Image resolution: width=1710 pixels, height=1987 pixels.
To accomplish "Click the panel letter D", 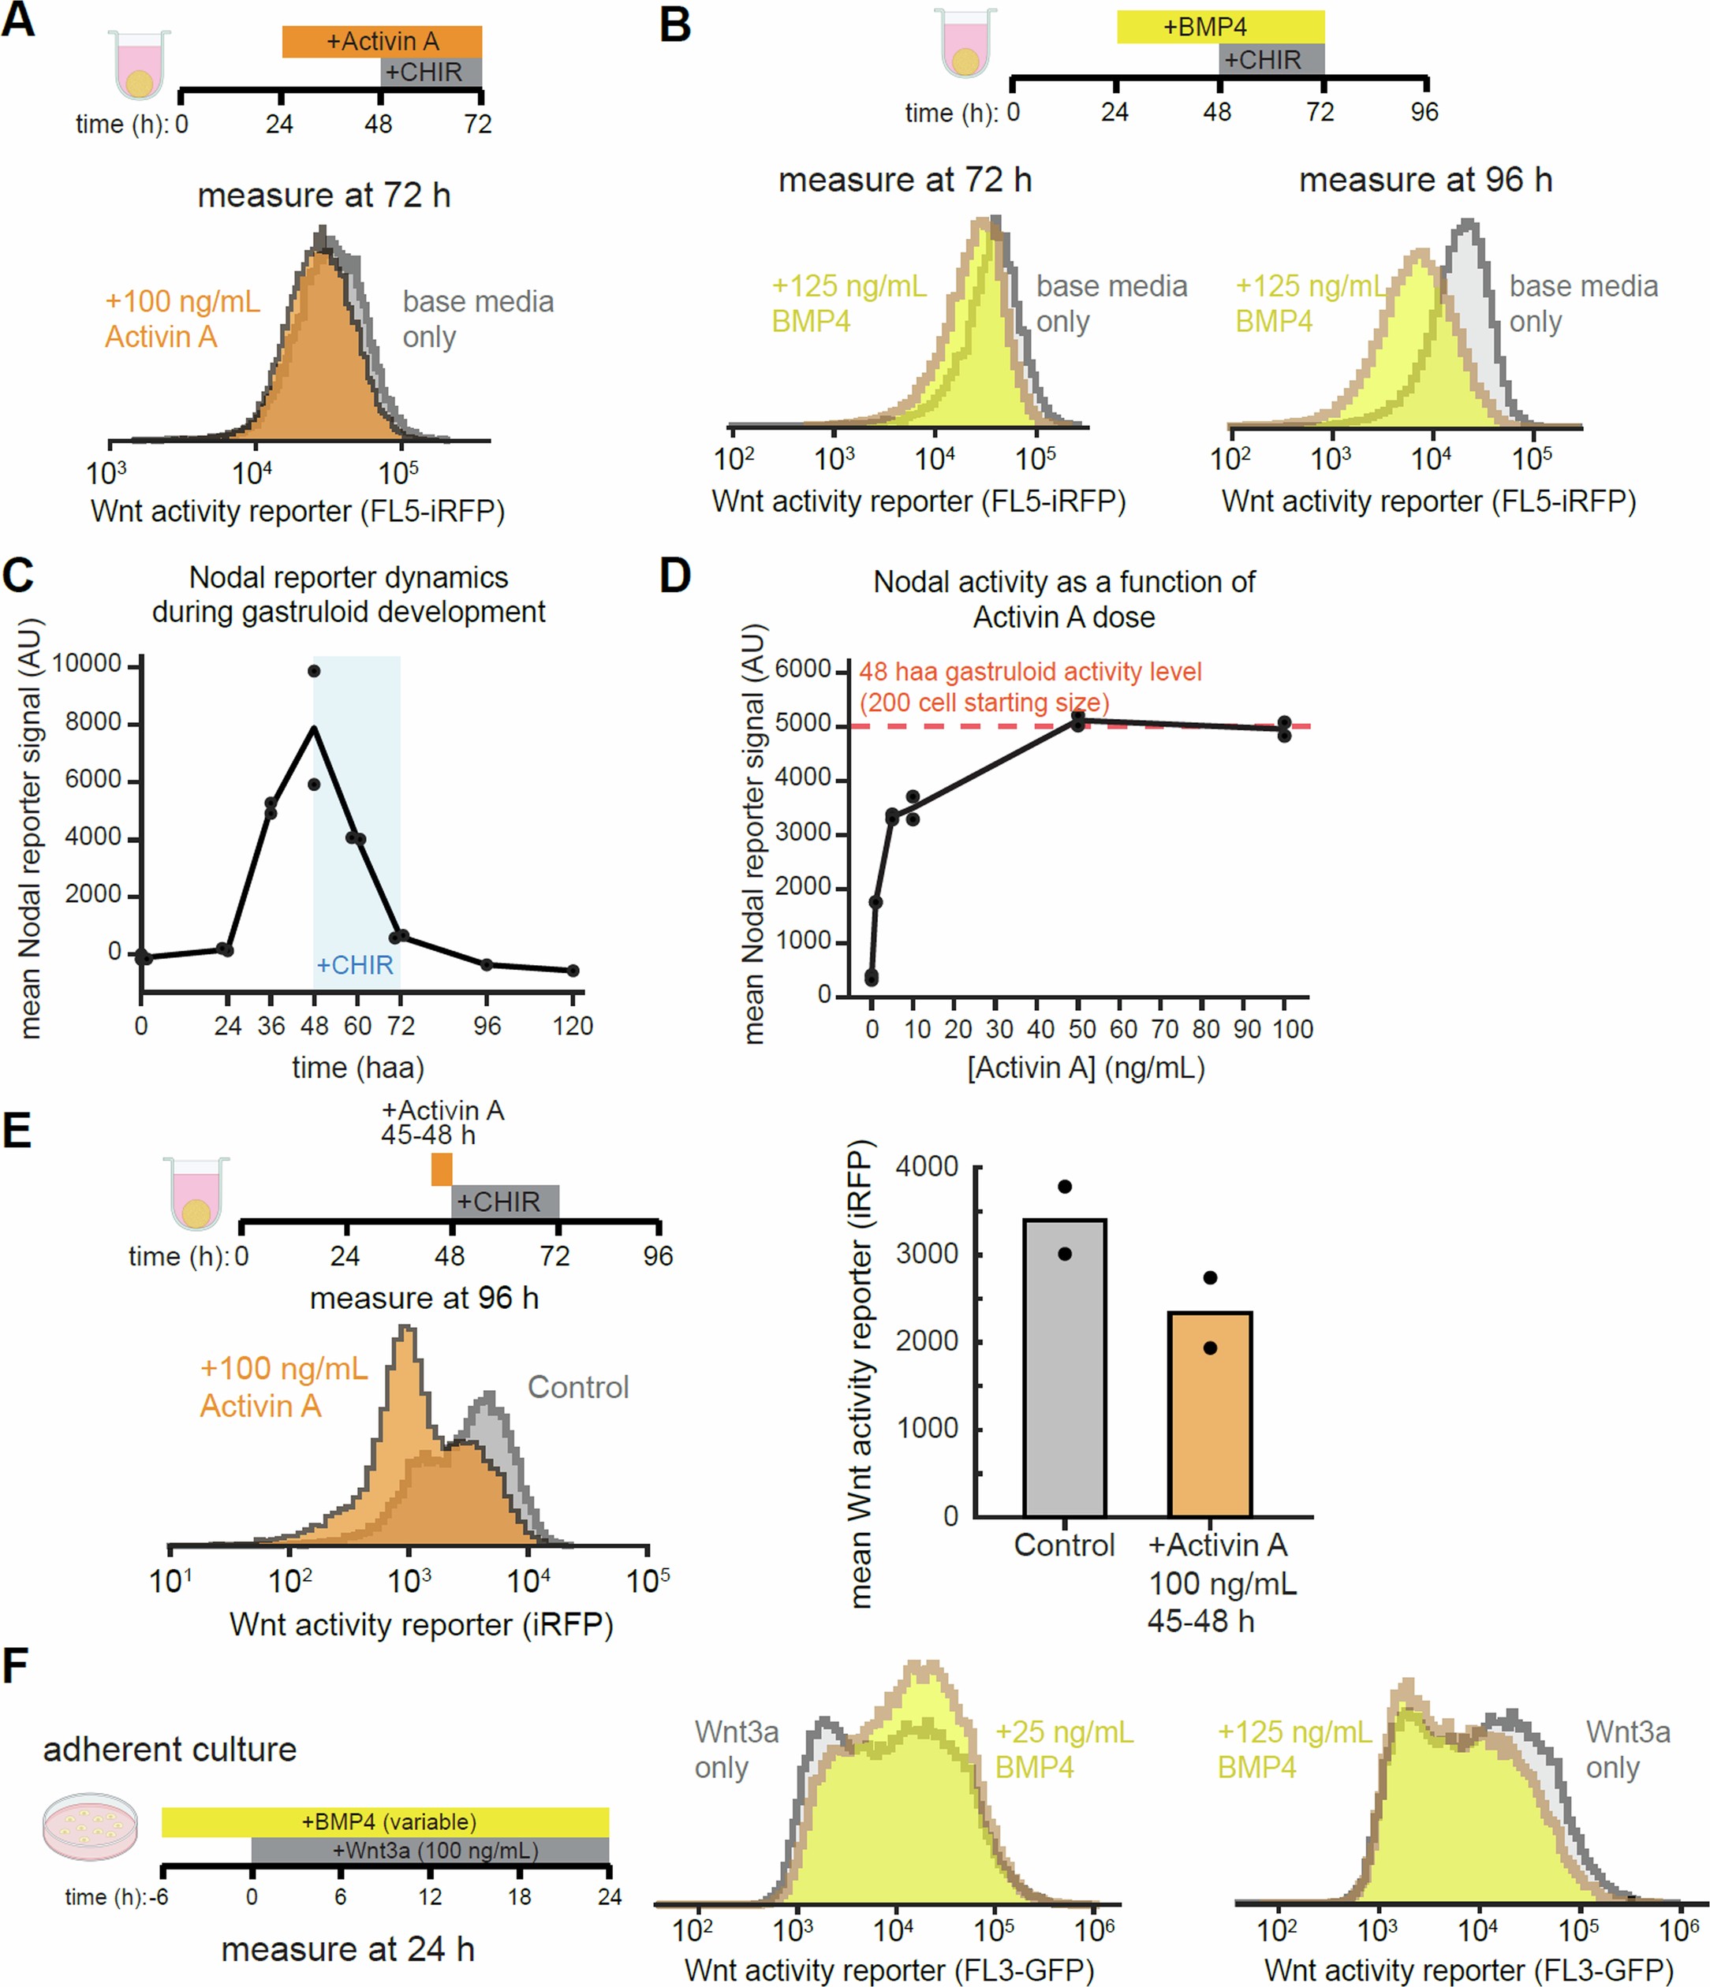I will [x=675, y=576].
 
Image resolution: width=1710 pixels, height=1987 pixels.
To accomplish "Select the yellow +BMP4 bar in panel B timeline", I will [x=1220, y=26].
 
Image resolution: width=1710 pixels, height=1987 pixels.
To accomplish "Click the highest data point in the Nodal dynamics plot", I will [x=315, y=670].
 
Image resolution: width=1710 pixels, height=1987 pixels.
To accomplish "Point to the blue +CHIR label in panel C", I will [x=355, y=965].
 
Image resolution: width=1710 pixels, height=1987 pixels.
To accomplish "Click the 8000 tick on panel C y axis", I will [x=92, y=722].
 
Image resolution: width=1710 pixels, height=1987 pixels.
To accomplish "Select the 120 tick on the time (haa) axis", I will [x=573, y=1026].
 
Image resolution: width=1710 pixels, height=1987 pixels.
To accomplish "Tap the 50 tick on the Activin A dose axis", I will [x=1081, y=1029].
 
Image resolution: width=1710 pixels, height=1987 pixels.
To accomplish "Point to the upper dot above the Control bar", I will [x=1065, y=1187].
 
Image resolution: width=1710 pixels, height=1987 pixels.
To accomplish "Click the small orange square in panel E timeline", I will [x=441, y=1169].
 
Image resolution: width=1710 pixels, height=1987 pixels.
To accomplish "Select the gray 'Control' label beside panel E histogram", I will [x=578, y=1387].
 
